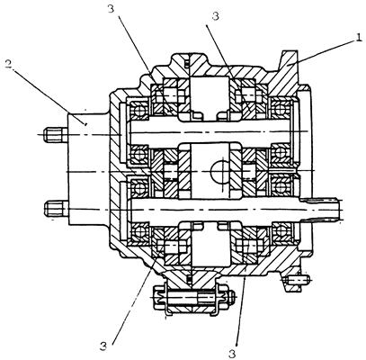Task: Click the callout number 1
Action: (x=358, y=38)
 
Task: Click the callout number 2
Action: (x=9, y=65)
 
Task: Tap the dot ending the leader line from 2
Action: (x=85, y=123)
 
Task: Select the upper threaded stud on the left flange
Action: (x=56, y=134)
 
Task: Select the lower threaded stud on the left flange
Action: (x=56, y=208)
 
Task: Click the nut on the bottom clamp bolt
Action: (x=232, y=296)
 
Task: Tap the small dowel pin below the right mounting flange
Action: (x=296, y=281)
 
